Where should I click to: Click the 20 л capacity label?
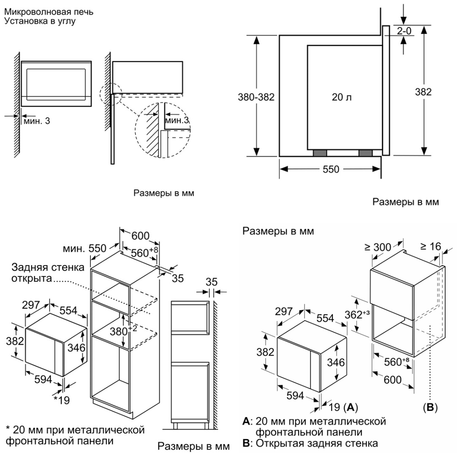point(342,97)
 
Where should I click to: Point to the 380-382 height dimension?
point(256,97)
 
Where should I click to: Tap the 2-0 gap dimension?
point(404,31)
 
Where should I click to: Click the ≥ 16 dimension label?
point(430,247)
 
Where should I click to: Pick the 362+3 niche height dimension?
point(357,315)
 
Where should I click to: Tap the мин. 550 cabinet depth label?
point(84,248)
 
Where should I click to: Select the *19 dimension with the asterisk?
point(62,400)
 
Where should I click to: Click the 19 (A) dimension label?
point(343,407)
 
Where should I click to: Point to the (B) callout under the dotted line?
point(430,407)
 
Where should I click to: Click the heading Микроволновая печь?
point(49,12)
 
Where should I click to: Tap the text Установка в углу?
point(40,21)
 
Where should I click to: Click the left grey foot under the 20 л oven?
point(320,153)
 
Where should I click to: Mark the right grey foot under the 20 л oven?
point(365,153)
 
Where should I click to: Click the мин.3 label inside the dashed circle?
point(177,120)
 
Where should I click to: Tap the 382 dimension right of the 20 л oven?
point(423,92)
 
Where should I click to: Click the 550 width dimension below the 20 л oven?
point(331,169)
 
